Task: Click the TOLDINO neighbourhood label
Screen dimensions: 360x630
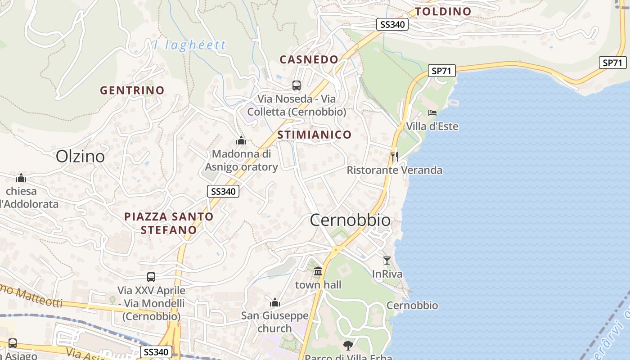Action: pos(443,12)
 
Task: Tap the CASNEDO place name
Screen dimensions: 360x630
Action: pos(309,59)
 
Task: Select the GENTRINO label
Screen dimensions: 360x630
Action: pos(132,90)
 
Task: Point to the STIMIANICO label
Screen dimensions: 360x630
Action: pos(314,135)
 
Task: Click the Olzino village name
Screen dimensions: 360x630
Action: pos(80,156)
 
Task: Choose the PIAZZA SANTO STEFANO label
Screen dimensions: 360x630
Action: pos(169,223)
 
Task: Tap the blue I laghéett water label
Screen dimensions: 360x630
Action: pos(190,45)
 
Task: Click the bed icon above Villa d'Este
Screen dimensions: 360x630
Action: pos(432,112)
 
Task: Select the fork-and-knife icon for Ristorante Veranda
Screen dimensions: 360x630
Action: pos(395,156)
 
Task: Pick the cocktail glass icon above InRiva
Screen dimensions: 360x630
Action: pos(387,260)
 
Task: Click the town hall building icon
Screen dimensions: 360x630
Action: pos(318,271)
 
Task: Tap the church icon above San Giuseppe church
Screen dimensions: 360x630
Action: pos(275,302)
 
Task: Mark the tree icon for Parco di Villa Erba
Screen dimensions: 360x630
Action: pos(348,345)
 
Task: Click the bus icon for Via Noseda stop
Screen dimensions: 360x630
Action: pos(297,85)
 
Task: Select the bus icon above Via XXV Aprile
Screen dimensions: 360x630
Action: pos(151,277)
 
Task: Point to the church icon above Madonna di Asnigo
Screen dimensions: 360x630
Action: pos(241,140)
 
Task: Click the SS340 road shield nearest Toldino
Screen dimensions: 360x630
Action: pos(392,24)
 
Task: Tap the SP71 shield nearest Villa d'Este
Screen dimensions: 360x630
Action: pos(442,71)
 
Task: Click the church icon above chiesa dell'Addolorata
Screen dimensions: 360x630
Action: pos(21,178)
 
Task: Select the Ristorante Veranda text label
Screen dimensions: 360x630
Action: pos(395,170)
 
